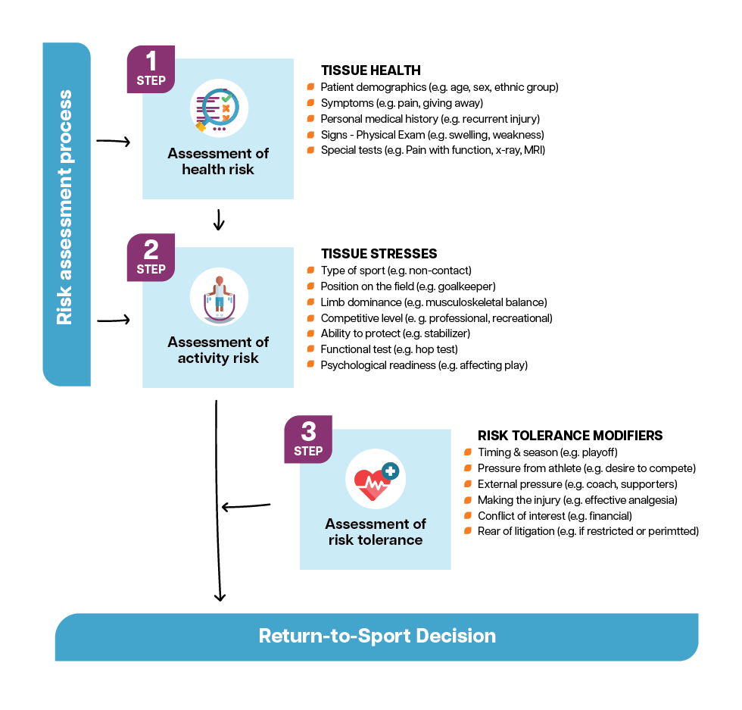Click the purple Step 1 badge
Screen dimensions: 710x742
coord(151,69)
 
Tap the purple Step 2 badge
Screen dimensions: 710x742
coord(151,258)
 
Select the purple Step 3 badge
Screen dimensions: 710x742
coord(308,439)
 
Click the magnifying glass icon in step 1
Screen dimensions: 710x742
coord(219,108)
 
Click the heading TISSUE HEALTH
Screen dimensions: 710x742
coord(370,71)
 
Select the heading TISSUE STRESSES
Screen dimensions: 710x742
coord(379,254)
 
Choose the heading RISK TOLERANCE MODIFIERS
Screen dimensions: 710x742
coord(570,436)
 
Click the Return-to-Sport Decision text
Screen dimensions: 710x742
coord(377,635)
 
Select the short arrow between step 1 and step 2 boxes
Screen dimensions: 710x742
coord(219,219)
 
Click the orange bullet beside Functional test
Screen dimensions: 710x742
coord(310,349)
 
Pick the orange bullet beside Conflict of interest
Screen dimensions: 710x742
coord(468,515)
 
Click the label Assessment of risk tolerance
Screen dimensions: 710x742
coord(375,531)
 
